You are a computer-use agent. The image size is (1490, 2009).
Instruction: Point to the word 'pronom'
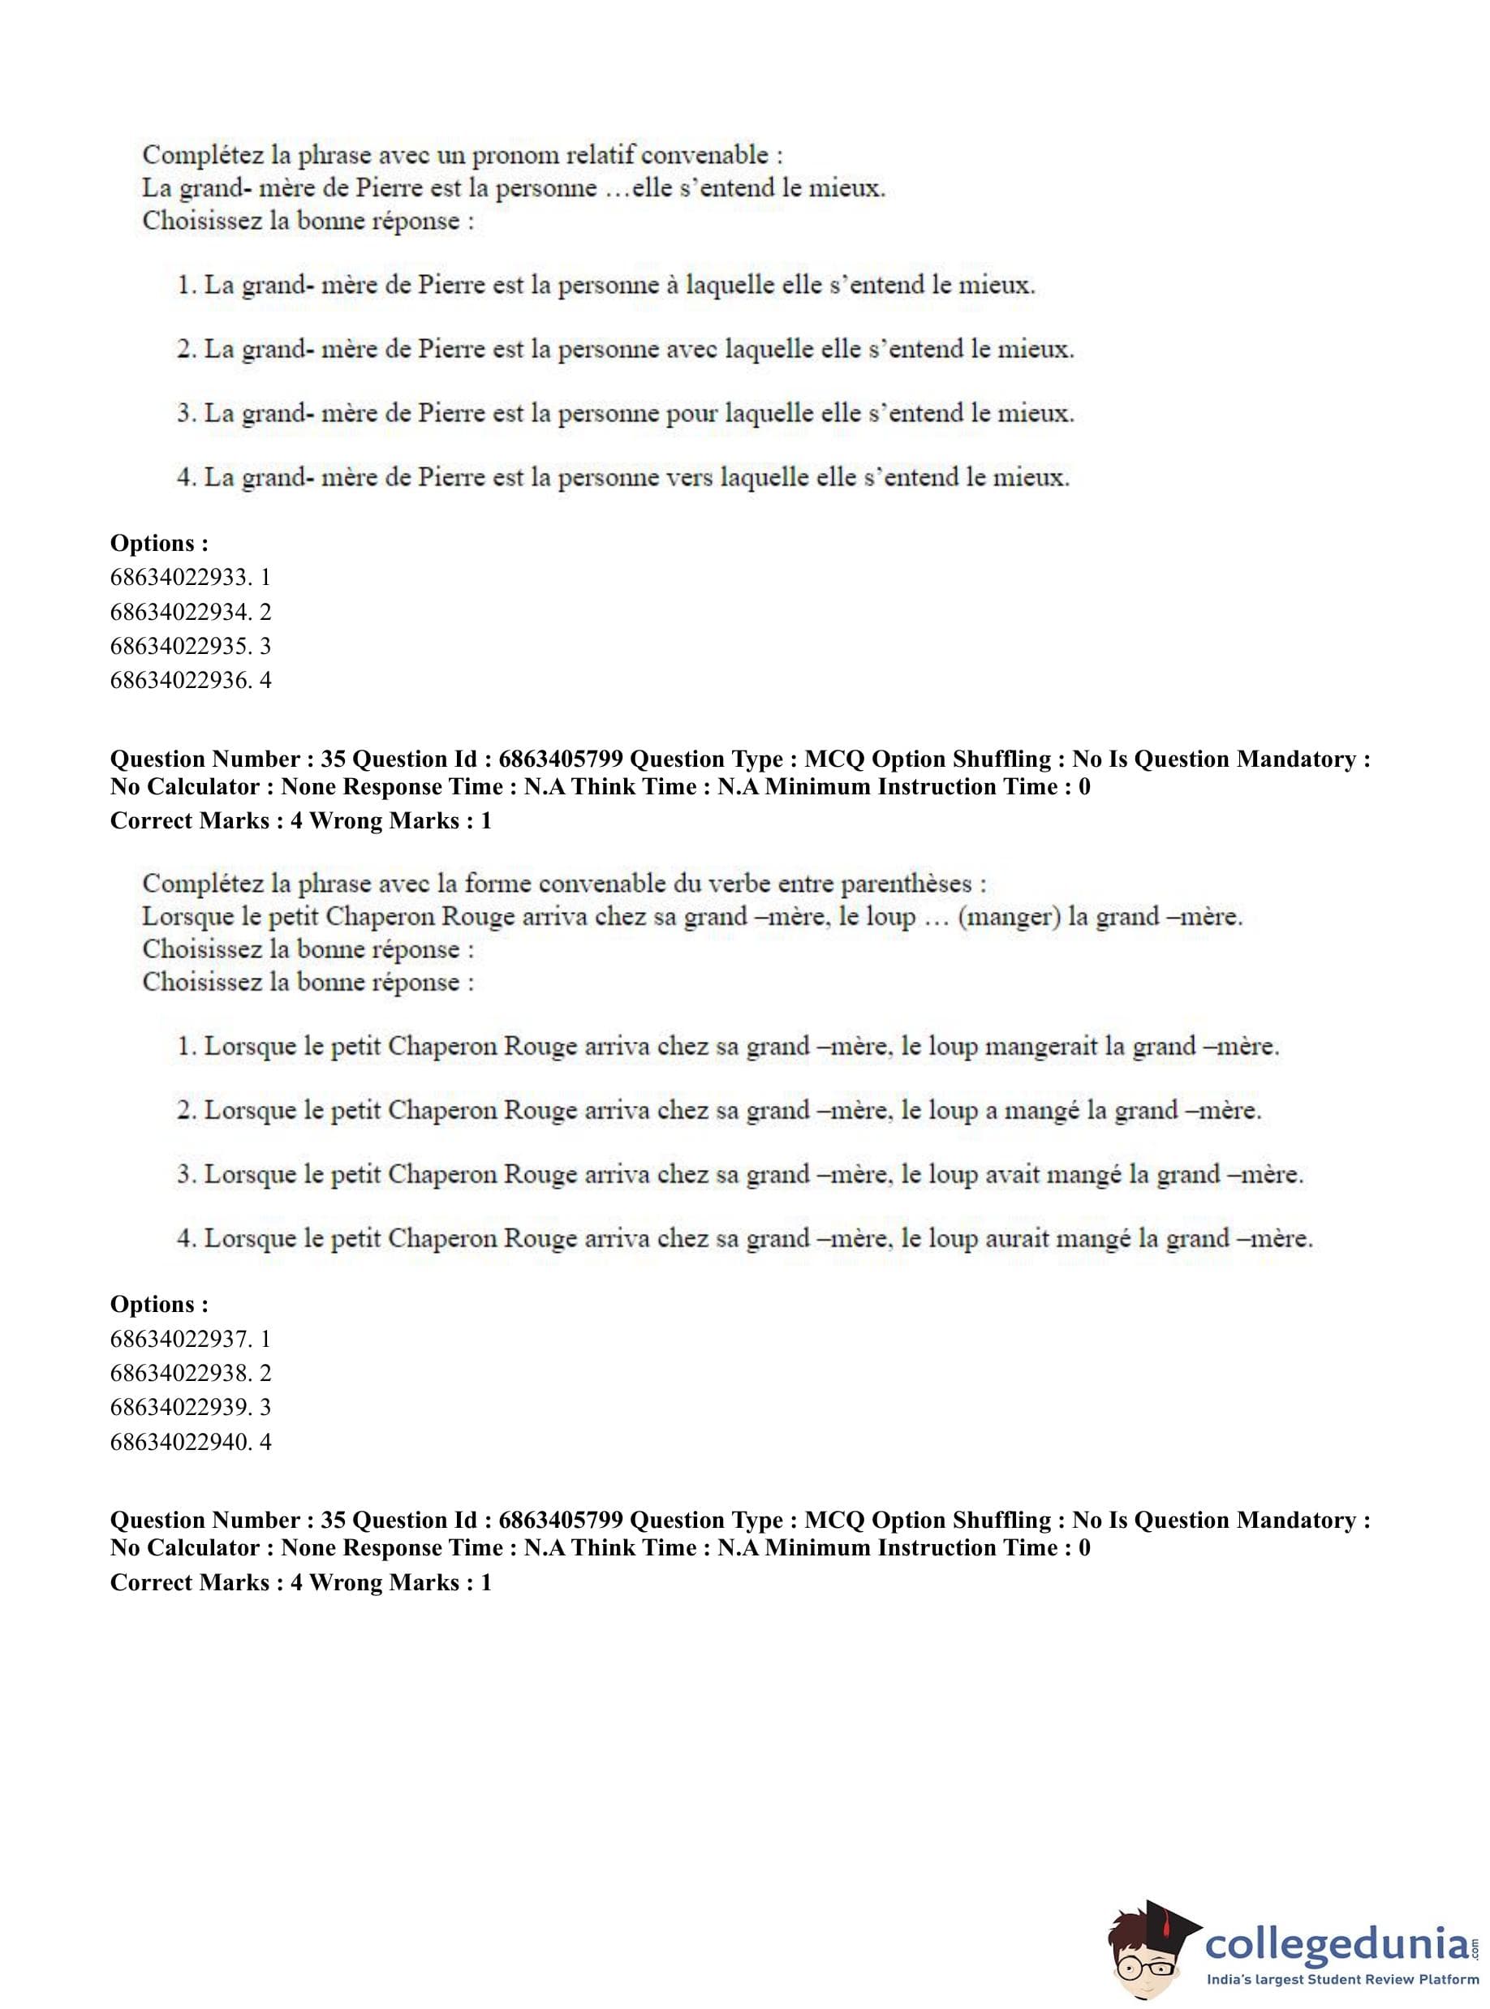(516, 155)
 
